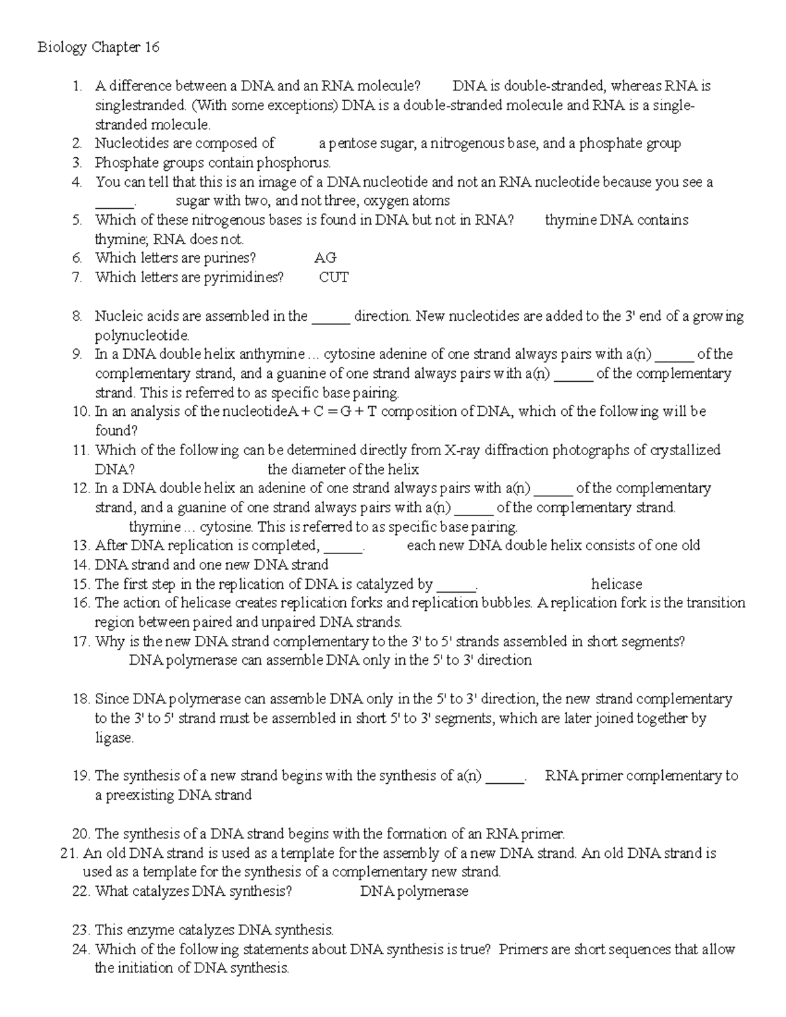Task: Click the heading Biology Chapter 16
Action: [x=98, y=47]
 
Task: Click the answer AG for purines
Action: [x=326, y=258]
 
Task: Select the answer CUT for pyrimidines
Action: [x=333, y=277]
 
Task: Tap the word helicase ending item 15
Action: [x=616, y=583]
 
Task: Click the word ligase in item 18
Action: [x=114, y=737]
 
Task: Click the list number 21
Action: [x=68, y=853]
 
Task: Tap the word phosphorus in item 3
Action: [x=293, y=162]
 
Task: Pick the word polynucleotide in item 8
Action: [x=141, y=335]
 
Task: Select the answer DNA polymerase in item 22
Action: [x=414, y=891]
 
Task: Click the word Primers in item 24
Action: [x=523, y=949]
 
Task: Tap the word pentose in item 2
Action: [x=349, y=143]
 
